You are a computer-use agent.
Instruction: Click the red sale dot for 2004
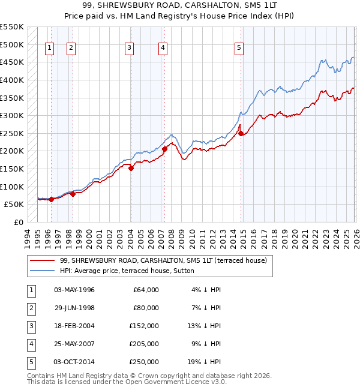(131, 168)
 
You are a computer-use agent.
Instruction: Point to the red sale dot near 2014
(241, 133)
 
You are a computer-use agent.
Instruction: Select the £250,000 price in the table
(144, 362)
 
